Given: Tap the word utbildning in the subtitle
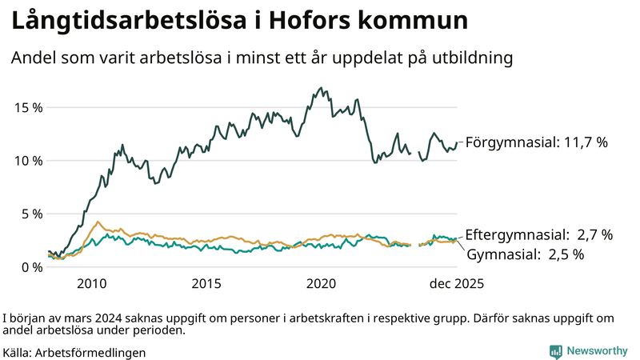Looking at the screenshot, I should point(473,58).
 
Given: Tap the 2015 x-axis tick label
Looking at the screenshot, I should point(206,284).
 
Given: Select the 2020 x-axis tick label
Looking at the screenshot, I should point(322,284).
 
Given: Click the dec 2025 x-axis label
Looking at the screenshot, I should point(457,284).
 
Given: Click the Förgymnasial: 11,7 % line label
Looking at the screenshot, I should point(537,142).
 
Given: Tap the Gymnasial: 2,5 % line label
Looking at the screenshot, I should point(525,254).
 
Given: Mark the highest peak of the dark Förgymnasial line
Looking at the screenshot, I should point(321,88).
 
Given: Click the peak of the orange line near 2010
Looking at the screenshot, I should point(98,222).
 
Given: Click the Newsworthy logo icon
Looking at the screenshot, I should point(555,351).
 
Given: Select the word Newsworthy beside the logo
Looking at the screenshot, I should point(597,351).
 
